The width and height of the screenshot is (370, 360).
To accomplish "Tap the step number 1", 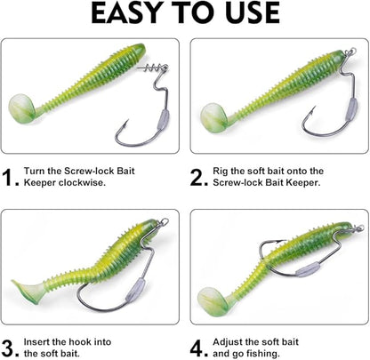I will click(x=12, y=179).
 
